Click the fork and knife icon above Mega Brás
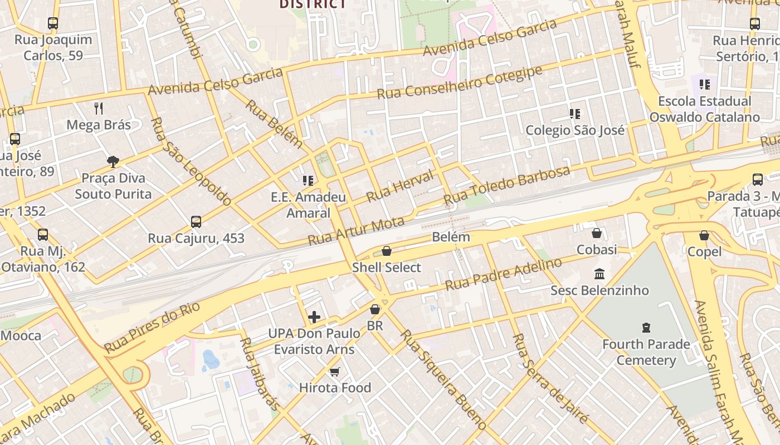coord(99,108)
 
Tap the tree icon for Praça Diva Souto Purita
coord(113,162)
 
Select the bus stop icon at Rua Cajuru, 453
coord(196,222)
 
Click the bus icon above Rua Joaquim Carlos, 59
coord(53,23)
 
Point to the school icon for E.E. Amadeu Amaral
coord(308,180)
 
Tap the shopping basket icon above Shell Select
coord(387,251)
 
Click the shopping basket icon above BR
coord(375,309)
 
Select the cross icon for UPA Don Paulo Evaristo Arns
coord(314,317)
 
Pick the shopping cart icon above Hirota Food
coord(335,372)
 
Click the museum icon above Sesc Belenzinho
coord(599,274)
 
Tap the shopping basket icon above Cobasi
coord(597,233)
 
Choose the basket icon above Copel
coord(704,235)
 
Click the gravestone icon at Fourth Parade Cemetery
coord(646,328)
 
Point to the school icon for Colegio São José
coord(575,114)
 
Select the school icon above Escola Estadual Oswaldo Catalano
coord(705,85)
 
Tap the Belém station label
coord(451,237)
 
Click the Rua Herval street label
coord(399,187)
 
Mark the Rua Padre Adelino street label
coord(503,274)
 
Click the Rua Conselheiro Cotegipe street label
coord(460,83)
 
